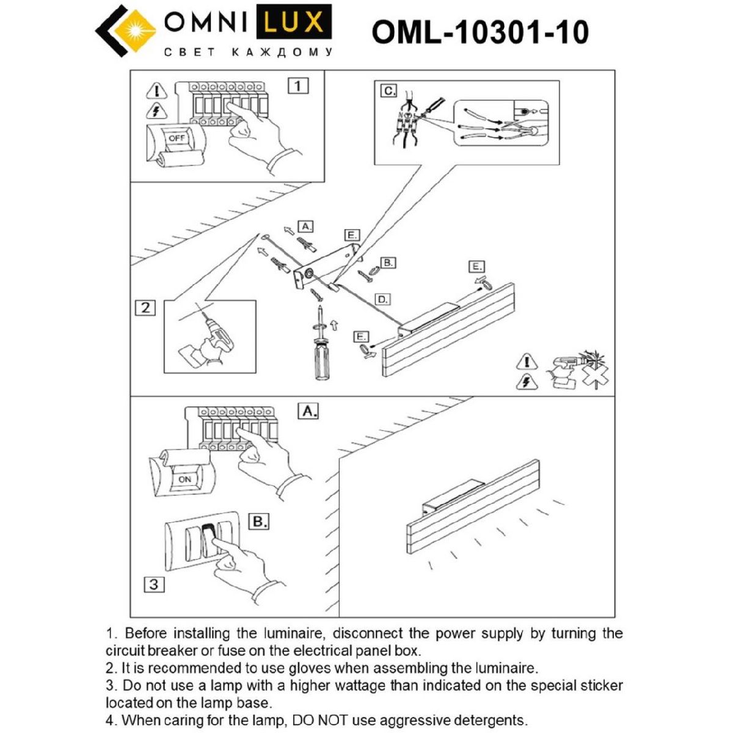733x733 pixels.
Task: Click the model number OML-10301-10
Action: point(480,32)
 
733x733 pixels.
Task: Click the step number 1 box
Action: point(298,86)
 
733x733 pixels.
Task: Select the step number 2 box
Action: point(145,307)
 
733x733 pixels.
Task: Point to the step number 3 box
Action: point(153,585)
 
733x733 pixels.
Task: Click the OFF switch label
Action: point(177,138)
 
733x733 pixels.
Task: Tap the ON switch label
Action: point(184,480)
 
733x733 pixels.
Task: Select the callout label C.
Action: point(388,91)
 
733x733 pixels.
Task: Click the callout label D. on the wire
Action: point(382,299)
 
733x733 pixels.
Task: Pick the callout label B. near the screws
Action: point(387,263)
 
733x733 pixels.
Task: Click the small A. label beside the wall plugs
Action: point(305,226)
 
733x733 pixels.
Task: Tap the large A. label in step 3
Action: point(309,412)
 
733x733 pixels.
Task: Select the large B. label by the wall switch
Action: point(259,522)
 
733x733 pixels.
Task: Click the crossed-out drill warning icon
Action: point(574,370)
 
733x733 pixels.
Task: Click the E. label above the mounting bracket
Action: point(351,235)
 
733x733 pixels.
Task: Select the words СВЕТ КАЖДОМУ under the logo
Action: point(249,53)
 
